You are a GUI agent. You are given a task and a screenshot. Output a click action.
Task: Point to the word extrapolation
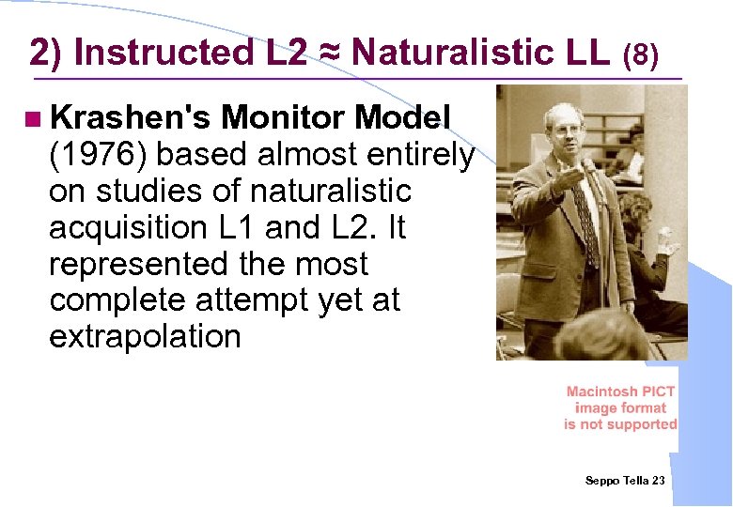[145, 336]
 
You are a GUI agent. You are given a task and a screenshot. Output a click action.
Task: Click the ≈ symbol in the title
[328, 53]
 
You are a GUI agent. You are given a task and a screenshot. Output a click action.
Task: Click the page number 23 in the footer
[658, 481]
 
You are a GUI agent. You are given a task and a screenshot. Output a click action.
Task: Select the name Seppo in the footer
[602, 481]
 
